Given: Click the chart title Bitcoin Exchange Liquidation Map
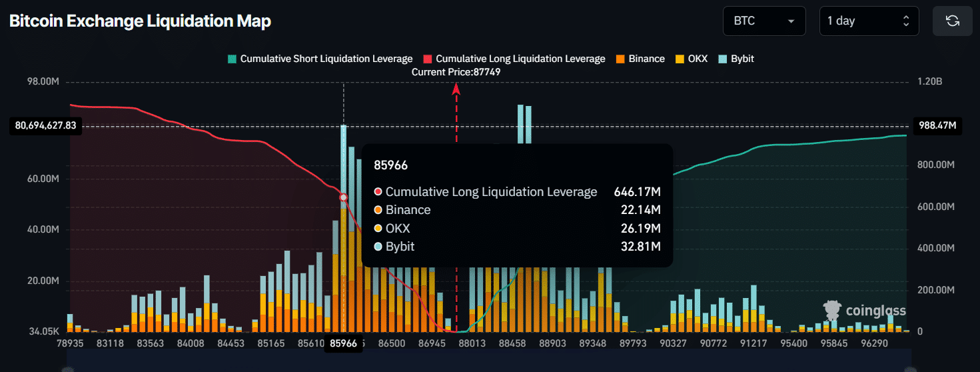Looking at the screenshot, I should point(140,21).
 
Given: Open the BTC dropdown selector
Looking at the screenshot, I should point(763,21).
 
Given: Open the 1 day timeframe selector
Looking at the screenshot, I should point(868,21).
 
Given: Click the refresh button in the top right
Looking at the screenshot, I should point(952,21).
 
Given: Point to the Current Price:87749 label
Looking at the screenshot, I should point(456,72).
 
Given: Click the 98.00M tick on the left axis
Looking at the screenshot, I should point(42,81).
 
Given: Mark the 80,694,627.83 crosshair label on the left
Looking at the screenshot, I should point(45,125).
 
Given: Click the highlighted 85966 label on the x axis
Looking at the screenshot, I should point(343,343).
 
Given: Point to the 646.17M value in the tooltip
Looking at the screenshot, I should point(637,192).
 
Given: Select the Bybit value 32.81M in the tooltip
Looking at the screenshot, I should point(640,247).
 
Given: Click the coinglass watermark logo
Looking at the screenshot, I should point(864,311).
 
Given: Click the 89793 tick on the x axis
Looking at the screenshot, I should point(633,343).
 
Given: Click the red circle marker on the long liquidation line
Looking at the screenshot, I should point(344,197).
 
